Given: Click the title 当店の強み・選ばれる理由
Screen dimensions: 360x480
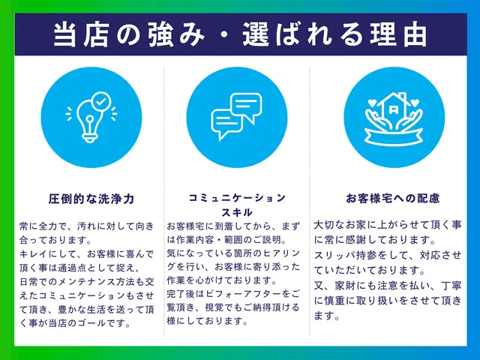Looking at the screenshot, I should [240, 34].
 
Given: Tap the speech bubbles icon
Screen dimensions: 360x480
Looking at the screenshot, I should [236, 118].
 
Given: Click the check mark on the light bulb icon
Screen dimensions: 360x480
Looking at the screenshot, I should [100, 100].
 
